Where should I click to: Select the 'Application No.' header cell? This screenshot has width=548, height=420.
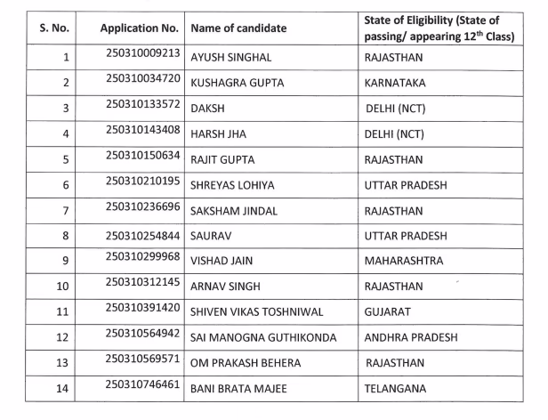tap(141, 28)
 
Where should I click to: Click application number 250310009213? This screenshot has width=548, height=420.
tap(142, 53)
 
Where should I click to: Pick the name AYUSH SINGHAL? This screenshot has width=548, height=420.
tap(231, 58)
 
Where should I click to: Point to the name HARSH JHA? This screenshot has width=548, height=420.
tap(219, 134)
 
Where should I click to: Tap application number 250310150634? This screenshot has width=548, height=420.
tap(142, 156)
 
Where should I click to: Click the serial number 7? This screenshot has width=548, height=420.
tap(64, 211)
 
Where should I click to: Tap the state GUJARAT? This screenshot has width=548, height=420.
tap(388, 312)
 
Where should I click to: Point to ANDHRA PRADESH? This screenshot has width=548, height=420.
tap(411, 338)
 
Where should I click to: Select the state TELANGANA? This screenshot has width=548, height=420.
tap(396, 389)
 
